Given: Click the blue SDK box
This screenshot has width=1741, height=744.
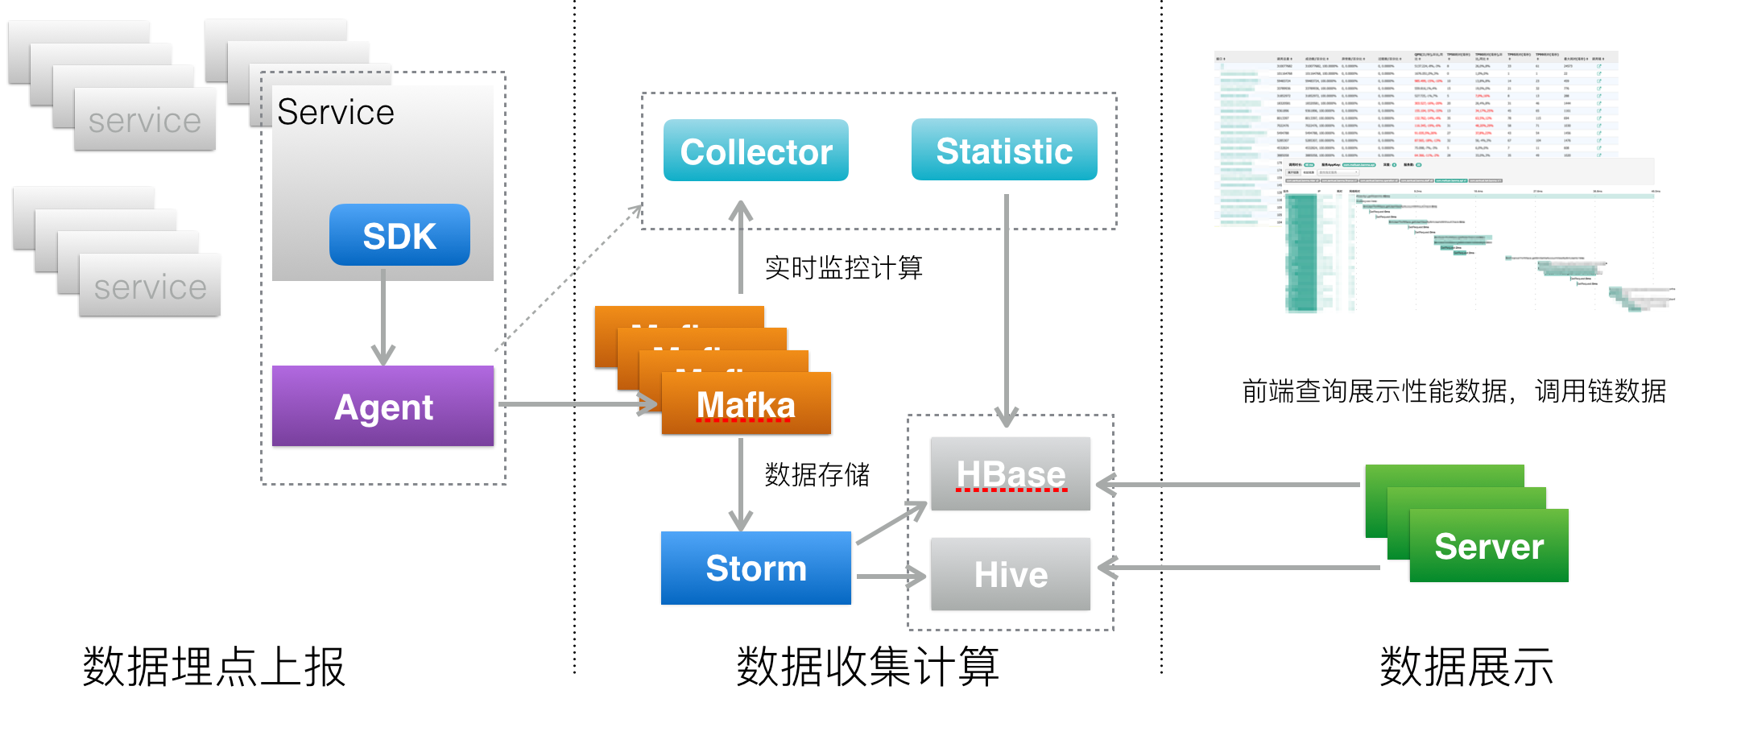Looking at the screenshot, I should pos(399,235).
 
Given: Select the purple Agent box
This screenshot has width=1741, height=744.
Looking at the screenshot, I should pos(383,406).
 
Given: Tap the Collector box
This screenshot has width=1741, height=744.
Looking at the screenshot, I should pos(755,151).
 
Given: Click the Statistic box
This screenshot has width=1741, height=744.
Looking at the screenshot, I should pos(1003,150).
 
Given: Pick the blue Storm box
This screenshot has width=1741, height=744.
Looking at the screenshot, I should pos(755,568).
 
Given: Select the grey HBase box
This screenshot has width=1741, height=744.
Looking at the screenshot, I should pos(1010,473).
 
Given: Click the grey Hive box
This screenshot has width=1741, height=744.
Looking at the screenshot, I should pos(1010,574).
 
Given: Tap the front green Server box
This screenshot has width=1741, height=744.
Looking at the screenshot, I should pos(1488,546).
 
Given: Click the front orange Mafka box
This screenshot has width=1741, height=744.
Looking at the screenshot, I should pos(746,404).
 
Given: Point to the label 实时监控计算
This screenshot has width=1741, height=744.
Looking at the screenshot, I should pos(843,267).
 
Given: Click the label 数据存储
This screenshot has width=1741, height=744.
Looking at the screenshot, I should pos(817,474).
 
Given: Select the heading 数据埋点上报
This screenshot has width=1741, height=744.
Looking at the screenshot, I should pos(214,667).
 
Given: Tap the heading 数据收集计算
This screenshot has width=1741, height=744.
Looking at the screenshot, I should pos(867,667).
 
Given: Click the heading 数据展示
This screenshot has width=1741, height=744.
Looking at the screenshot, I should pos(1466,667).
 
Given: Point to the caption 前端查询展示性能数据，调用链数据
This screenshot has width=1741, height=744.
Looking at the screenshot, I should pos(1454,391).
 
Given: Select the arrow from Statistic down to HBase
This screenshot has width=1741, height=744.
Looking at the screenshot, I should pos(1007,306).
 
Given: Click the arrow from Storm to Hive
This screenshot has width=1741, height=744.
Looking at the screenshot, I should pos(890,577).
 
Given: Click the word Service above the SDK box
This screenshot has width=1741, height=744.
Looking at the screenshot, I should pos(336,113).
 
